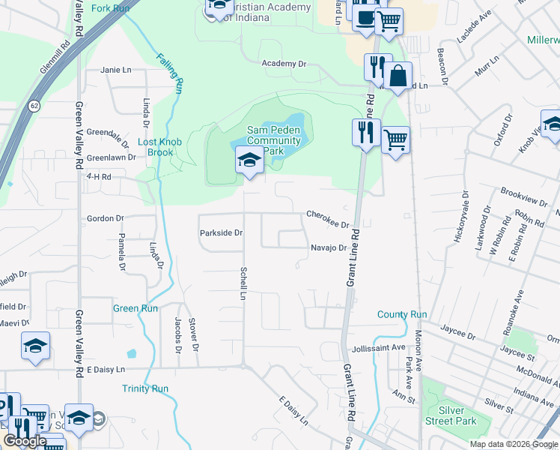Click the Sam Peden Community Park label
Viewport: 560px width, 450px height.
click(x=273, y=140)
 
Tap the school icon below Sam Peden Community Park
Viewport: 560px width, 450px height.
click(x=249, y=160)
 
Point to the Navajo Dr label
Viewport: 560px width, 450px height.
click(x=329, y=248)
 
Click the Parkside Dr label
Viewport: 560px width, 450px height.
click(x=222, y=233)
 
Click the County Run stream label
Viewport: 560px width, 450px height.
click(x=402, y=315)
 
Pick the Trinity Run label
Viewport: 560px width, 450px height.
click(x=145, y=388)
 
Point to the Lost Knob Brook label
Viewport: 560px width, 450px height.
click(x=156, y=147)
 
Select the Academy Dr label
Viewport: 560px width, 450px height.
click(x=284, y=64)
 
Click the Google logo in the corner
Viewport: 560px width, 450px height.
click(x=25, y=441)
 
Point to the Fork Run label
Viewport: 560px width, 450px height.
click(x=110, y=8)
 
